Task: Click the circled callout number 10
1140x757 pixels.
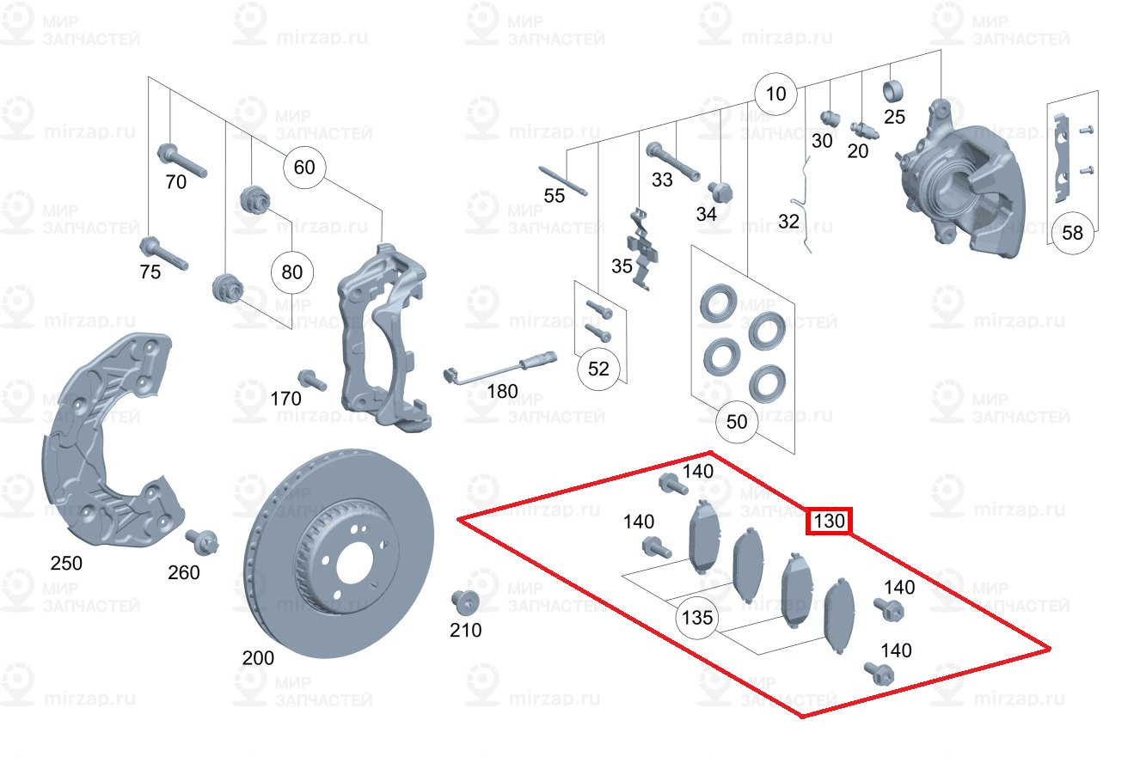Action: (x=775, y=93)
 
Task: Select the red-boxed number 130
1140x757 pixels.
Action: (x=829, y=521)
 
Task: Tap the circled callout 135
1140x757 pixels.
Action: (x=696, y=618)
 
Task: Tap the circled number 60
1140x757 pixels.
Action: (x=304, y=167)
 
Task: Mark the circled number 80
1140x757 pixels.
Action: (x=292, y=272)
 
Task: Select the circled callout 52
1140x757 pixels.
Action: (x=598, y=369)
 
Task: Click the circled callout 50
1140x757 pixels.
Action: (x=737, y=422)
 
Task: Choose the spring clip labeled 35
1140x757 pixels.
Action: (x=643, y=248)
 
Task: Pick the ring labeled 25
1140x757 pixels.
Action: (x=893, y=89)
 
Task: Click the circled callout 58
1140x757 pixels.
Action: (x=1072, y=232)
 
